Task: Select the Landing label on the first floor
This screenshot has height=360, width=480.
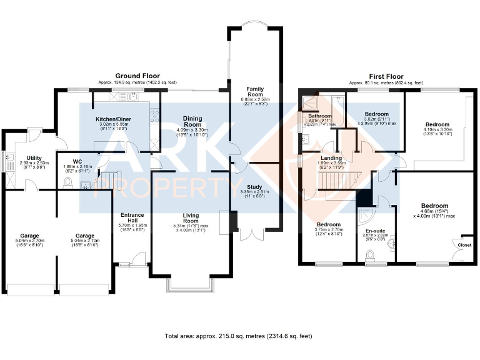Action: (331, 158)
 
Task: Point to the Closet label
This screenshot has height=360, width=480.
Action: (464, 245)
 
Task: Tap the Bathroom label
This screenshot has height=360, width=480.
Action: (319, 116)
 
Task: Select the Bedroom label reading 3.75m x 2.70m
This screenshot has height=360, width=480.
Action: (328, 224)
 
